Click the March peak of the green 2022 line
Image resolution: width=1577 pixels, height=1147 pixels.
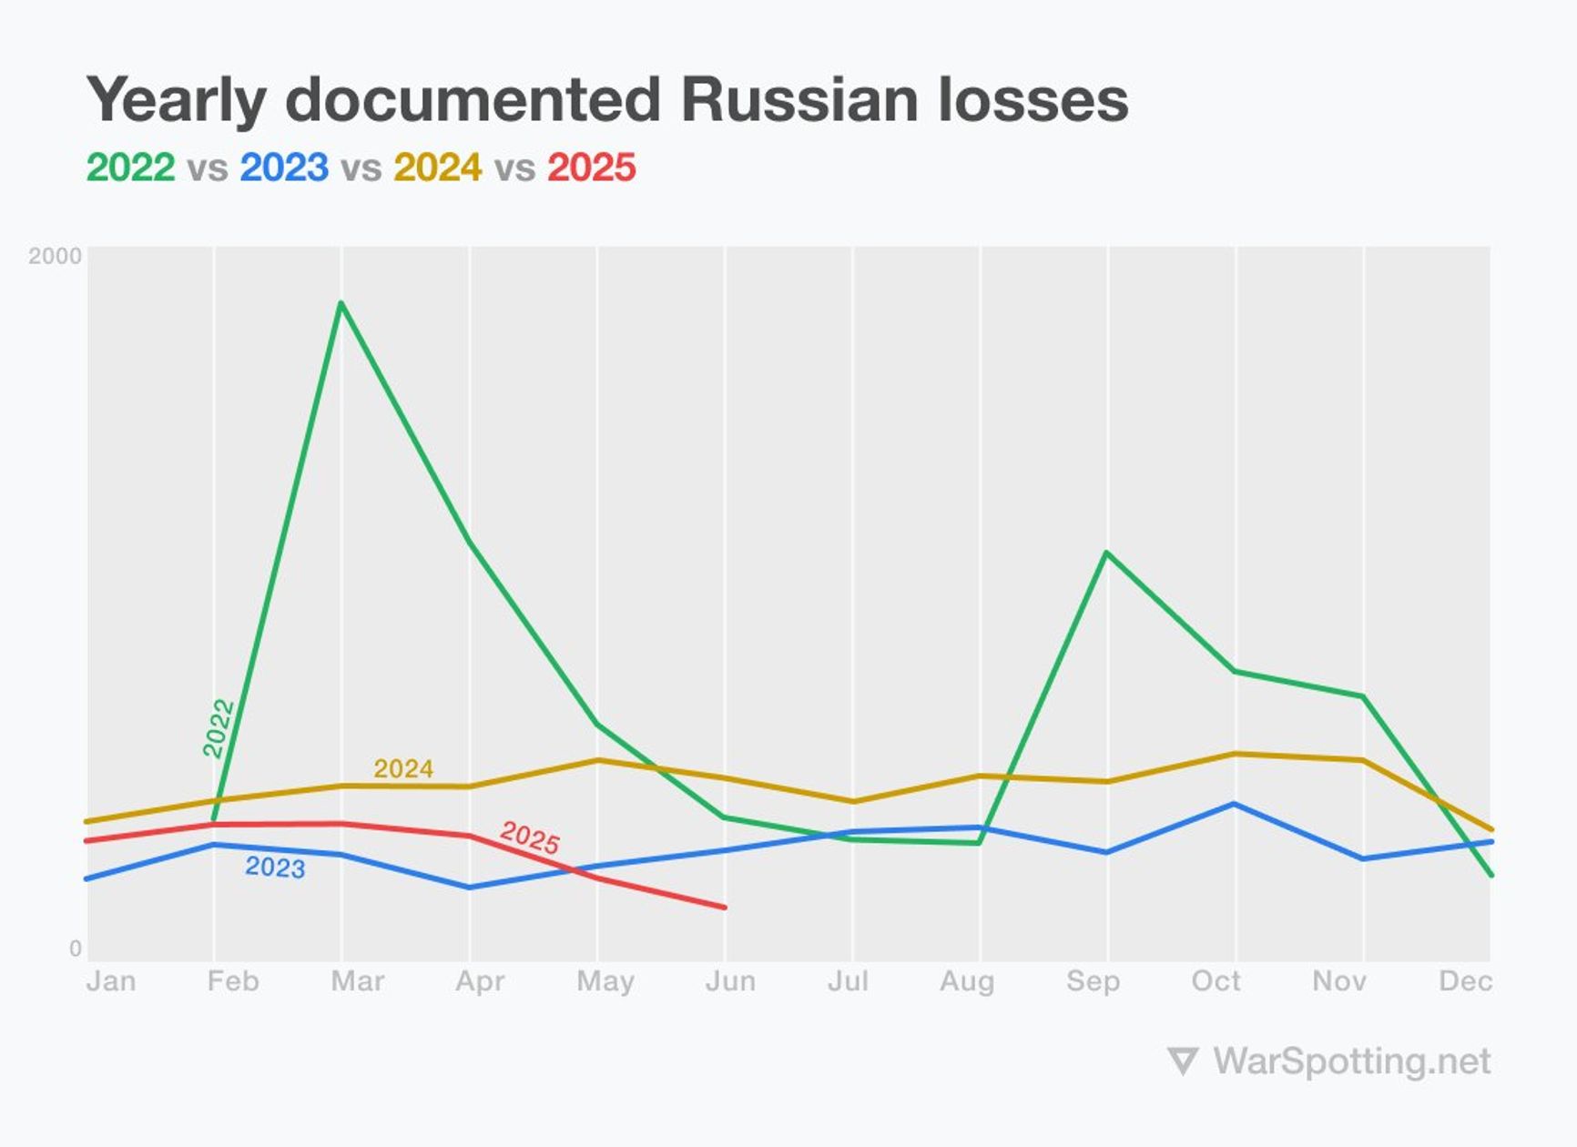click(x=341, y=303)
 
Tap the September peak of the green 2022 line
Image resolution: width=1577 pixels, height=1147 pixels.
click(x=1106, y=553)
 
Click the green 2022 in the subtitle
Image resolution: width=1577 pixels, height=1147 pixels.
click(x=130, y=167)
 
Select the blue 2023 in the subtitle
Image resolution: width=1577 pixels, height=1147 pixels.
click(x=284, y=167)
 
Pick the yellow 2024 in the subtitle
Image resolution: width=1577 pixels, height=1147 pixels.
click(x=437, y=167)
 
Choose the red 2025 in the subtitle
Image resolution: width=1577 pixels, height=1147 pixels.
click(x=591, y=167)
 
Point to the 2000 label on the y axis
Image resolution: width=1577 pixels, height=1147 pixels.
click(x=55, y=256)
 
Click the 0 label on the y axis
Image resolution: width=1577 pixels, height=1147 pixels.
click(x=76, y=949)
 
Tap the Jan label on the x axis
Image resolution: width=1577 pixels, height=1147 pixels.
click(x=111, y=981)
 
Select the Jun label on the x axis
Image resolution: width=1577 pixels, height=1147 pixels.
click(x=730, y=981)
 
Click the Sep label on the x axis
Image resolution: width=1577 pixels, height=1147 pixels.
click(x=1093, y=981)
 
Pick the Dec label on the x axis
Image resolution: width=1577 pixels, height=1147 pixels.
click(x=1464, y=981)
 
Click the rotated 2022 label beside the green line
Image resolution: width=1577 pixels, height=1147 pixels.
click(x=219, y=727)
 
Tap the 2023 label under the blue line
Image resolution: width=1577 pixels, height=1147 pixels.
click(x=275, y=868)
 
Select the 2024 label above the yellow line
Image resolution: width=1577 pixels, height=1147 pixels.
click(x=403, y=769)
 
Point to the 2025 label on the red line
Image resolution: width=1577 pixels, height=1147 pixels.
click(x=530, y=837)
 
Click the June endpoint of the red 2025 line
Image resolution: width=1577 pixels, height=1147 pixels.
click(x=725, y=907)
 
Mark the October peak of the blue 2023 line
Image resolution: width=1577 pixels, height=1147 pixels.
click(x=1235, y=804)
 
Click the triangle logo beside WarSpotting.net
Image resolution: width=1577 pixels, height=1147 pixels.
click(x=1182, y=1061)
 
